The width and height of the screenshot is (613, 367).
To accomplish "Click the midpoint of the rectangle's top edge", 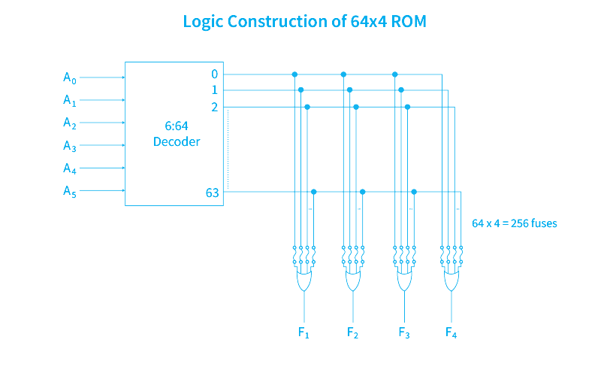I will pos(310,14).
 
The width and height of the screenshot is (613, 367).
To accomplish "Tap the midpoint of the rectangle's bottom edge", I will pos(310,338).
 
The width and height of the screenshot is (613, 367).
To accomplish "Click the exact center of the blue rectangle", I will pos(310,176).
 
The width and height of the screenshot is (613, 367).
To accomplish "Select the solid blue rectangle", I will pos(310,176).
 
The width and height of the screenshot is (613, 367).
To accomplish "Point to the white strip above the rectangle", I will pos(310,6).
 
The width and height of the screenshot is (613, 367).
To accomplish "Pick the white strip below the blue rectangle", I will pos(310,353).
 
